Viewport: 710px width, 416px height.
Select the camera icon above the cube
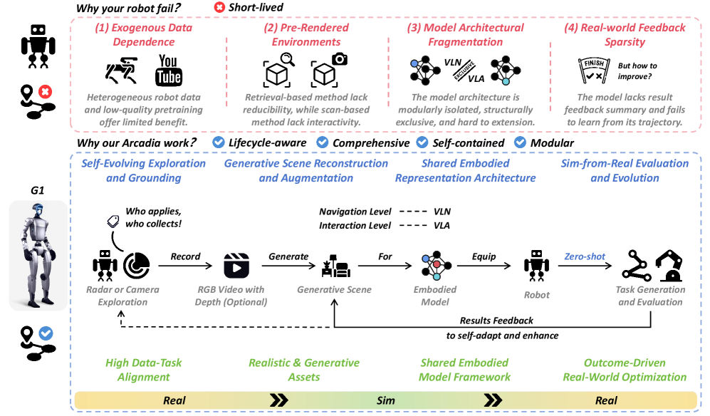(x=339, y=58)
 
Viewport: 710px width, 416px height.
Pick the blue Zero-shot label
(x=585, y=256)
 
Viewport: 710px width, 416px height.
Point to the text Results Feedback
(x=496, y=321)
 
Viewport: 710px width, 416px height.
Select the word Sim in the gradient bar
(x=385, y=400)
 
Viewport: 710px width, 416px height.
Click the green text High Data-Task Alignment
(x=143, y=370)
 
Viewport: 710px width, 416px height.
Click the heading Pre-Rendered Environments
(x=306, y=35)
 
